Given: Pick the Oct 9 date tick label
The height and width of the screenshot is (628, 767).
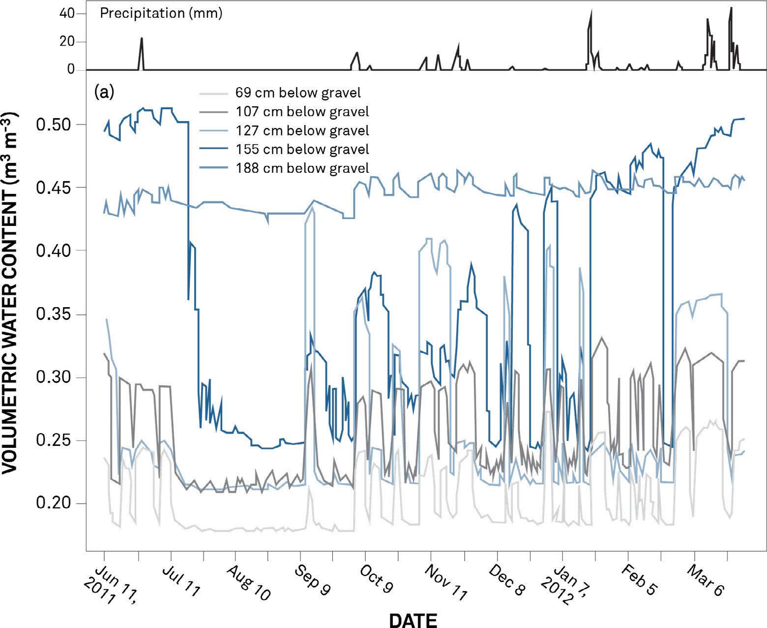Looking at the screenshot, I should (377, 578).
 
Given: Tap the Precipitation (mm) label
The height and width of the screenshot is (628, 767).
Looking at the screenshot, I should (161, 13).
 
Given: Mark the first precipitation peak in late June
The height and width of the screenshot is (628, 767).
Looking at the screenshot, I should (142, 38).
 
